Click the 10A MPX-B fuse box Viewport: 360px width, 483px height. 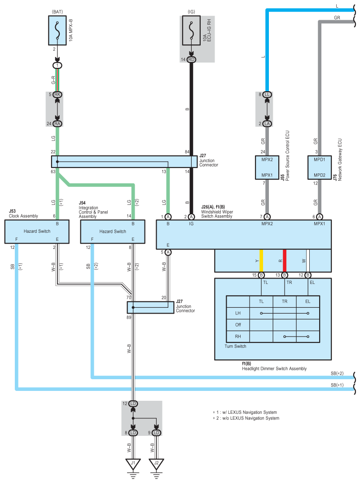[57, 31]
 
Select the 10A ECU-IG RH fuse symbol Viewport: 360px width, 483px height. [191, 31]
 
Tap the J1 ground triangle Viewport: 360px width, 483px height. [133, 464]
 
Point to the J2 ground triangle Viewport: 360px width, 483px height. [156, 464]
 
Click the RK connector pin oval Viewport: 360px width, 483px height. [57, 94]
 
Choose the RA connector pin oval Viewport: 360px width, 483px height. [57, 124]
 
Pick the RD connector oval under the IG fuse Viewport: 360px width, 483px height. [191, 59]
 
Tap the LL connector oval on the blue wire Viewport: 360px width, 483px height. [267, 94]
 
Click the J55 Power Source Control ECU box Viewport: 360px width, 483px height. [267, 167]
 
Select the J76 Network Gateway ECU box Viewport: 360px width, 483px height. [320, 167]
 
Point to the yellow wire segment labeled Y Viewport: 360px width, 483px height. [261, 261]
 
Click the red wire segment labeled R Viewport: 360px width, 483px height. [285, 261]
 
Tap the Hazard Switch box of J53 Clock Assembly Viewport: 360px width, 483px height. [37, 232]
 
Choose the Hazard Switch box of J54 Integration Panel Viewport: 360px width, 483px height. [113, 232]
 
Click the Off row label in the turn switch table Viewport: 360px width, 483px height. [238, 325]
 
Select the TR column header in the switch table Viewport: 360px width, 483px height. [285, 301]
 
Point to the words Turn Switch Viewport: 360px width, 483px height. [235, 346]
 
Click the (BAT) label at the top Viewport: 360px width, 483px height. [57, 12]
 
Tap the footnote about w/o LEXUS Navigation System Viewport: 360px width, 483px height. [246, 418]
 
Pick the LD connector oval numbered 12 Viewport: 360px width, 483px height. [133, 403]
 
